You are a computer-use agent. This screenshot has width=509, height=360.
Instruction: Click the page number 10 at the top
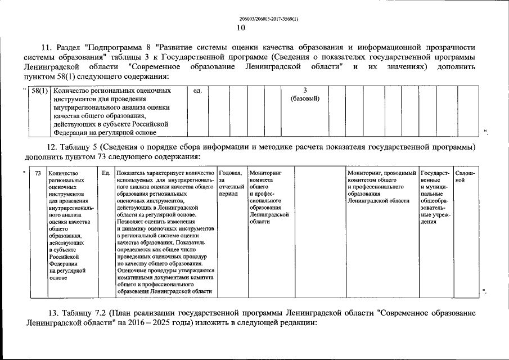pyautogui.click(x=241, y=27)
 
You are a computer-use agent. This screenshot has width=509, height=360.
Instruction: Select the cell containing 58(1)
pyautogui.click(x=40, y=91)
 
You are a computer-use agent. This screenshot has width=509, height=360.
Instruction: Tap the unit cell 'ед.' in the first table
pyautogui.click(x=197, y=91)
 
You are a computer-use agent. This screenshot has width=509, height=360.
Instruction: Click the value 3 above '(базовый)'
pyautogui.click(x=305, y=90)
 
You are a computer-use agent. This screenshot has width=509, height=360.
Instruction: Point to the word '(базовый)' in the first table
pyautogui.click(x=305, y=98)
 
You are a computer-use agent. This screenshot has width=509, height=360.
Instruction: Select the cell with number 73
pyautogui.click(x=38, y=173)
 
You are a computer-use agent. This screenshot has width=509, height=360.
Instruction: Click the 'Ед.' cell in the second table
pyautogui.click(x=106, y=173)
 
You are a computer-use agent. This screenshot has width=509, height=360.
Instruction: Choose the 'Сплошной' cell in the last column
pyautogui.click(x=465, y=177)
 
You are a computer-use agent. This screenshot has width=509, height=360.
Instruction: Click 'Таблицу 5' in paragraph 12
pyautogui.click(x=79, y=147)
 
